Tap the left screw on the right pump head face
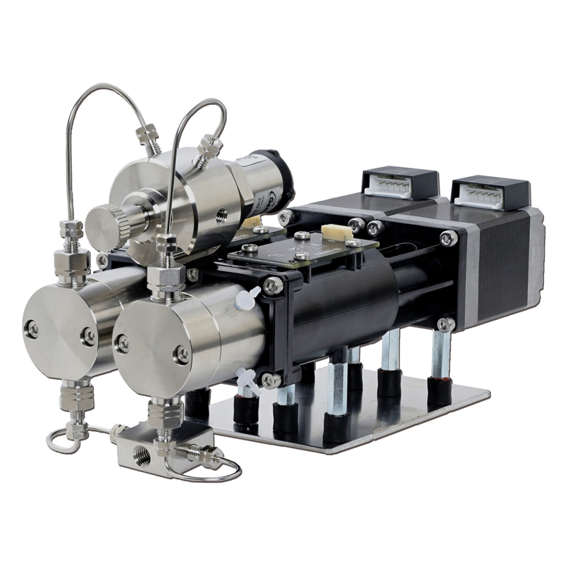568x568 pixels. pyautogui.click(x=123, y=343)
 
